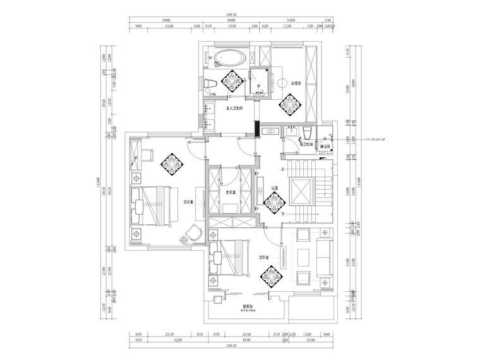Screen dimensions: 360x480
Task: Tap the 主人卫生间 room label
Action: click(235, 109)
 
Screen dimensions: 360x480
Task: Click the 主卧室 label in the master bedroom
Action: click(188, 202)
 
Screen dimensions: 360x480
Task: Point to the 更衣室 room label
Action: click(231, 192)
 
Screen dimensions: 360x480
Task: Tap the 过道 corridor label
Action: click(275, 188)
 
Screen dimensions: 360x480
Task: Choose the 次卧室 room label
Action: click(264, 258)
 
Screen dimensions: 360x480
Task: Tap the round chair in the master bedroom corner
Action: click(185, 240)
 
